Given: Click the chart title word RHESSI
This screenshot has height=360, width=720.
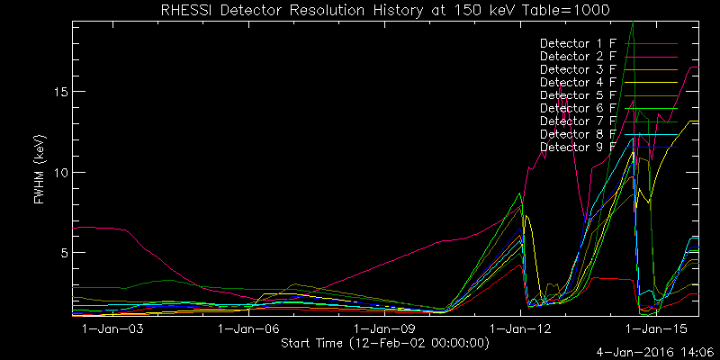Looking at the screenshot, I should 187,10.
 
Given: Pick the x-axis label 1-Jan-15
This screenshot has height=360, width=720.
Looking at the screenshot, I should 658,329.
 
